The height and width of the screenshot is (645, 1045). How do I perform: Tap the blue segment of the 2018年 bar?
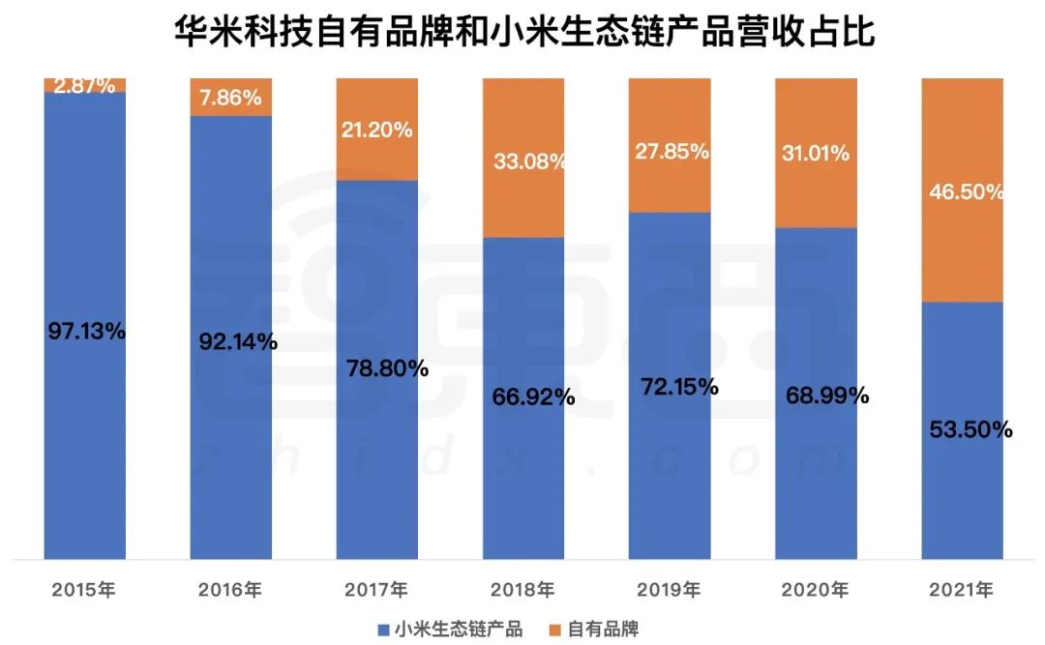point(523,464)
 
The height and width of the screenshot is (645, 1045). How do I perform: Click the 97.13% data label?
point(86,331)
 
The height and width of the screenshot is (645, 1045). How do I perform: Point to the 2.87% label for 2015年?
point(85,85)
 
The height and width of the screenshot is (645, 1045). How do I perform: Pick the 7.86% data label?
point(231,98)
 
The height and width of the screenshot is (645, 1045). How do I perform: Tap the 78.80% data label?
point(387,368)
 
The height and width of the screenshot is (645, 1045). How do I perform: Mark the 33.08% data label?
point(528,161)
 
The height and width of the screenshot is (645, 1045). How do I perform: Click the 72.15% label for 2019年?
point(679,387)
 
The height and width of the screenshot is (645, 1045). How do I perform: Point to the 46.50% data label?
point(967,191)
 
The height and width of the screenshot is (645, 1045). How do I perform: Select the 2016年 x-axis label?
point(229,589)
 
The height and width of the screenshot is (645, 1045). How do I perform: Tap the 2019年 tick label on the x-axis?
point(670,589)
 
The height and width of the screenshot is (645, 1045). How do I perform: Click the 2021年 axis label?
point(961,589)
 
